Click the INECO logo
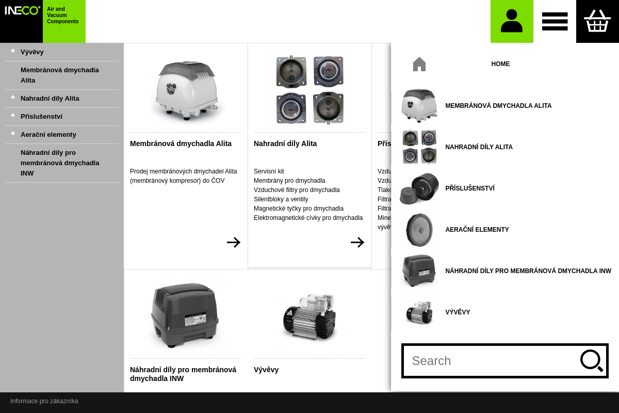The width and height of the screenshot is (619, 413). [x=22, y=11]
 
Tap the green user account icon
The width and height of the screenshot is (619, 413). [x=512, y=21]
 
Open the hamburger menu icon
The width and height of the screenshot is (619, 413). [x=555, y=21]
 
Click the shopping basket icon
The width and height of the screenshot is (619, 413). [x=597, y=21]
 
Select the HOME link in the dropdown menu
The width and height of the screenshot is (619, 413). [x=500, y=64]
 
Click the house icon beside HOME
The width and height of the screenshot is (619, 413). [x=419, y=64]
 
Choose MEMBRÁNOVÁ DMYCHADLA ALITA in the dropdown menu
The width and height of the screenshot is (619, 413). [x=498, y=106]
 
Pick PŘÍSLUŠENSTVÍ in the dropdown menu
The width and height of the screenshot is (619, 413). [x=470, y=188]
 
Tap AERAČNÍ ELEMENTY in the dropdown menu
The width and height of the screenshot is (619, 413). [x=477, y=230]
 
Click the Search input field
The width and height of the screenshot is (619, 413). [x=490, y=361]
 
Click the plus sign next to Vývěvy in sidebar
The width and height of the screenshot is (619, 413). [x=13, y=51]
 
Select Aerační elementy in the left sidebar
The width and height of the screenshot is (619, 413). [x=48, y=135]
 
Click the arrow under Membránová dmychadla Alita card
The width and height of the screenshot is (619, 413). [x=234, y=243]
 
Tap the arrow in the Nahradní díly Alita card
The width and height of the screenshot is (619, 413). [x=357, y=243]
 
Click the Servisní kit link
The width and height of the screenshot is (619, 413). [x=269, y=171]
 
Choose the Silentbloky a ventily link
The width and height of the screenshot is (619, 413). [x=281, y=199]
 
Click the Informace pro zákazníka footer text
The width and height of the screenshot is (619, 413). [x=44, y=401]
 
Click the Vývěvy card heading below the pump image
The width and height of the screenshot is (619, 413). [x=266, y=370]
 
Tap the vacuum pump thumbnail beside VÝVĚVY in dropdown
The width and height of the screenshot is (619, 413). [x=419, y=312]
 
